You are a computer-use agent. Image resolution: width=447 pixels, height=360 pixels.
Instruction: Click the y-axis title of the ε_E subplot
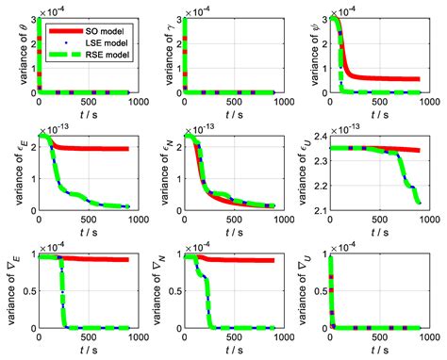click(x=12, y=173)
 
